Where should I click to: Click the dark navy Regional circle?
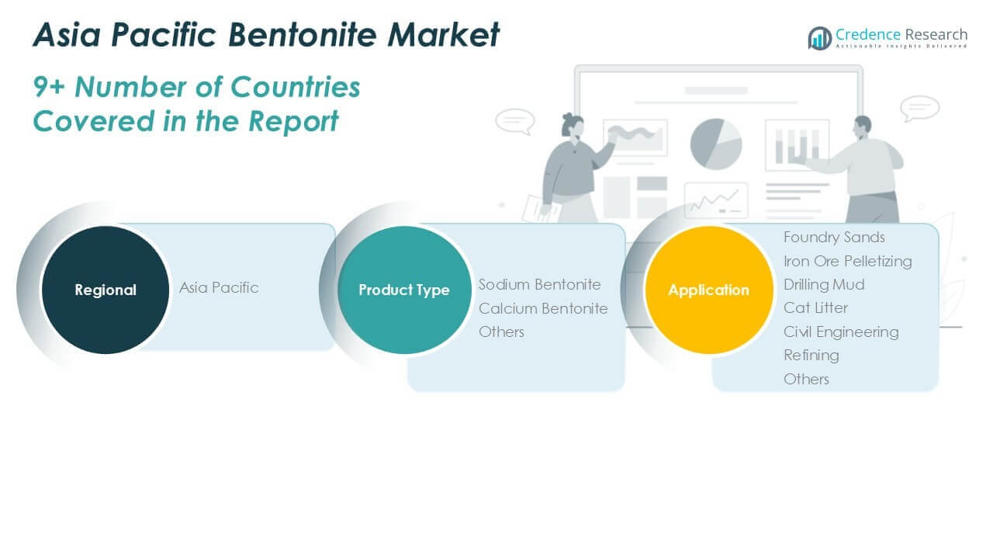tap(106, 290)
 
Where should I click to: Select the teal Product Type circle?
tap(404, 290)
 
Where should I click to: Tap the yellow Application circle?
tap(709, 290)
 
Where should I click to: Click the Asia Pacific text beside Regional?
tap(219, 288)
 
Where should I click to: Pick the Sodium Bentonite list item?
tap(539, 284)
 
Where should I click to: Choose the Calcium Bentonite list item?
tap(543, 308)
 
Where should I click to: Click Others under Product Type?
tap(501, 332)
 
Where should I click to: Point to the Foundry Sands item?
tap(834, 238)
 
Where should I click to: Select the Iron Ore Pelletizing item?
tap(848, 262)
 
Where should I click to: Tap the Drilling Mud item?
tap(824, 284)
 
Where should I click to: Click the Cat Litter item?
tap(815, 308)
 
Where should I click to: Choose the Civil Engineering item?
tap(841, 332)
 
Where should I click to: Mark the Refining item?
tap(811, 356)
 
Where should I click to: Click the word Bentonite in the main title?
tap(303, 34)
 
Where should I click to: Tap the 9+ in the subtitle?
tap(49, 86)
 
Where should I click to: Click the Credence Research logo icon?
tap(820, 38)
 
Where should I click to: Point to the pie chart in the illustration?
tap(716, 144)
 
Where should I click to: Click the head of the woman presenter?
tap(573, 125)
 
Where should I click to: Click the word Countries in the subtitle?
tap(296, 86)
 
